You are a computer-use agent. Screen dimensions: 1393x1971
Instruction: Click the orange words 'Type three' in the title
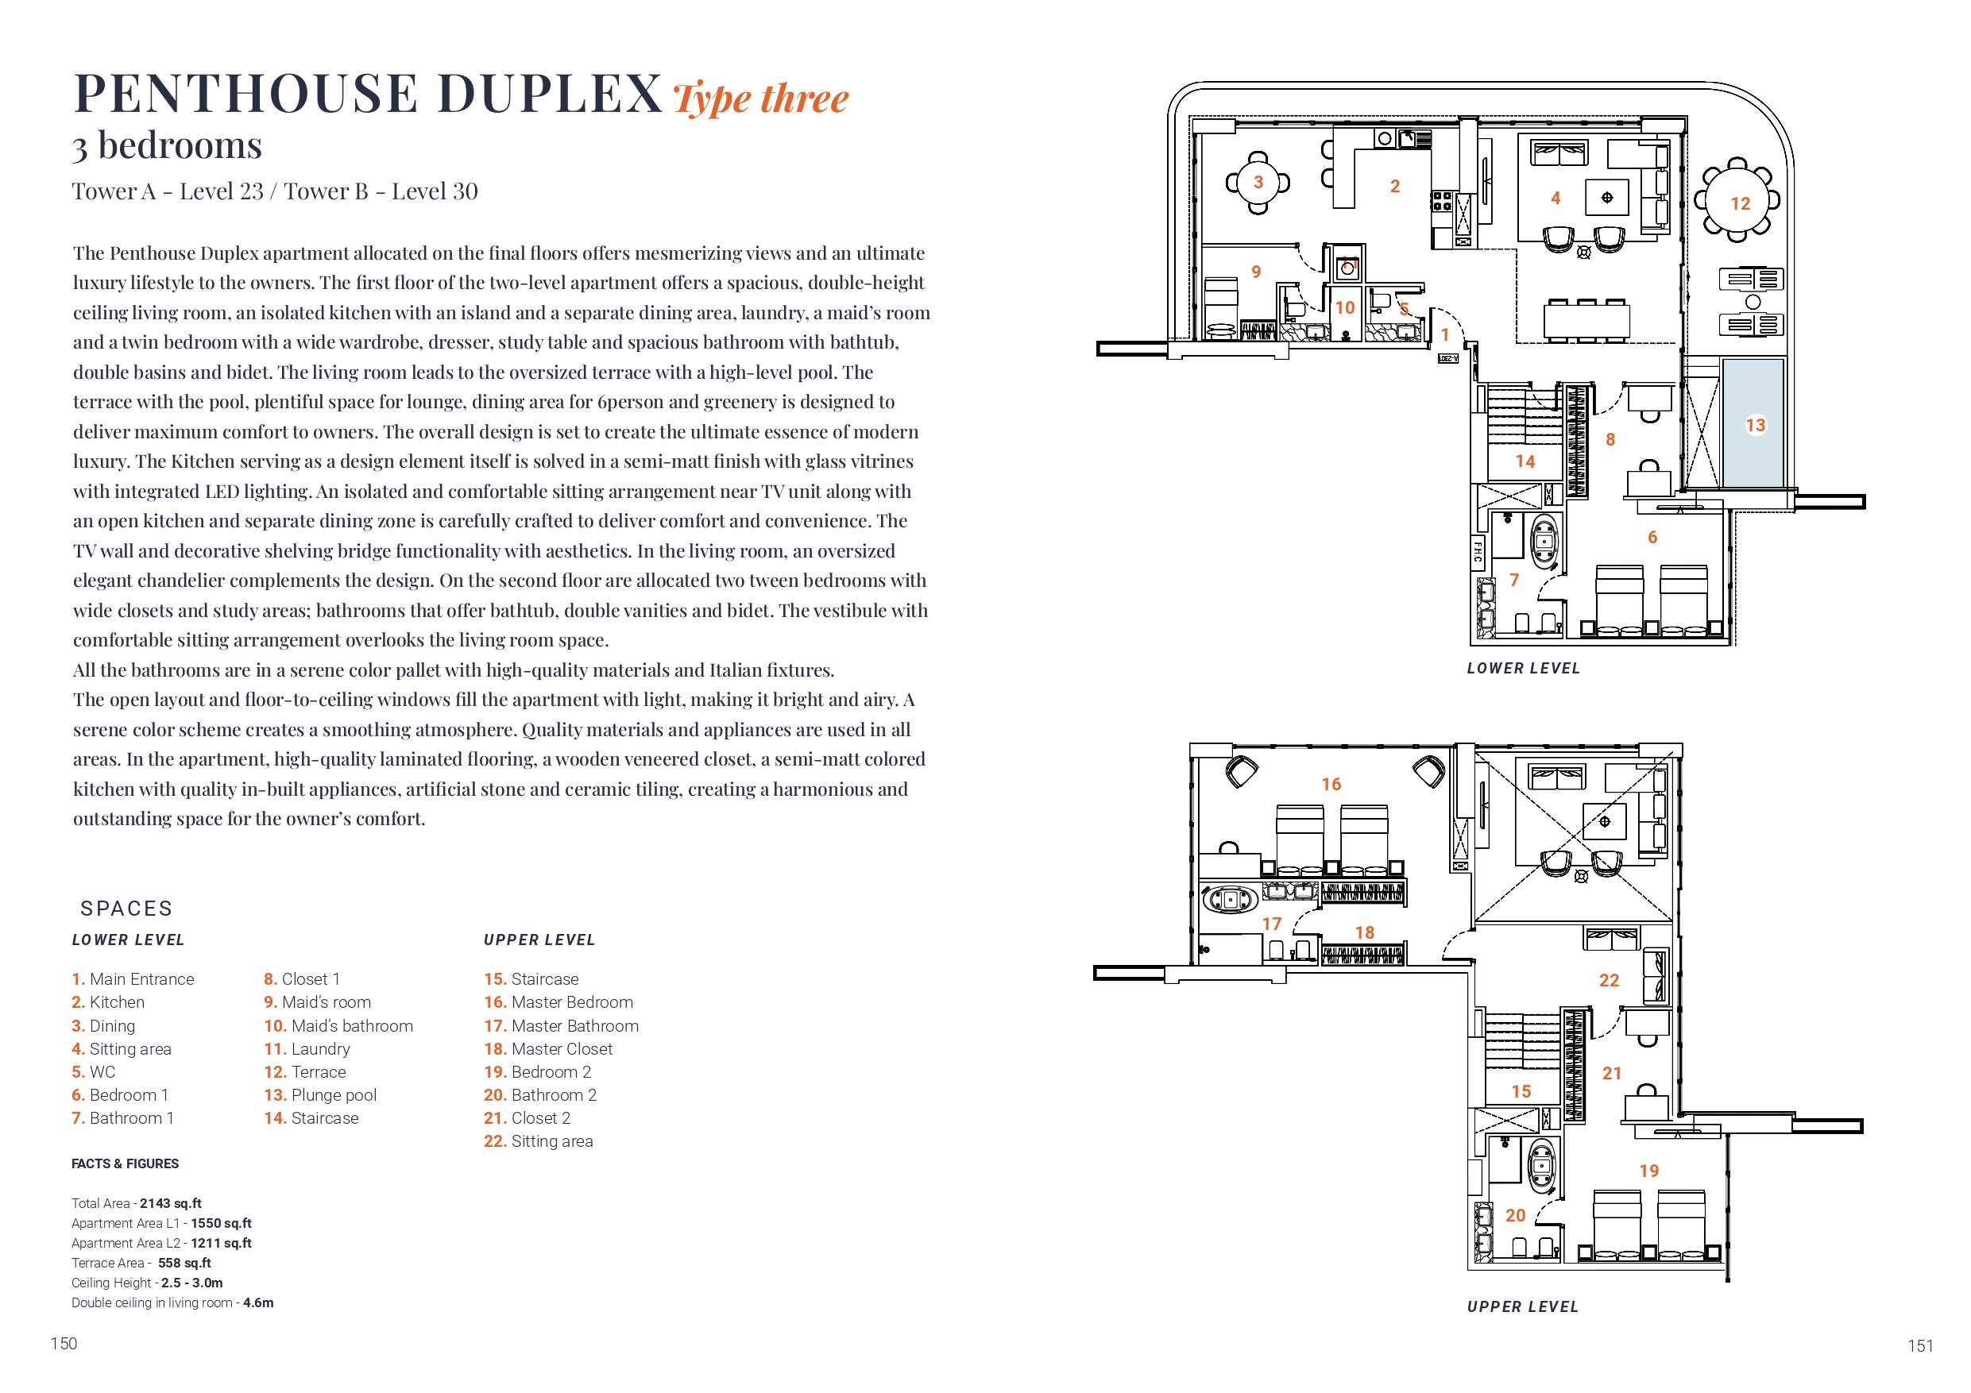point(759,98)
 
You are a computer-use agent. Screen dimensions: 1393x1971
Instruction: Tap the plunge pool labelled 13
point(1754,425)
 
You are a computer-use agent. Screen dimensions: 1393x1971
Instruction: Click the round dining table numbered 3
point(1258,182)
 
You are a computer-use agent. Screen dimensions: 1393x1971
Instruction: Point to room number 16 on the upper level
point(1331,784)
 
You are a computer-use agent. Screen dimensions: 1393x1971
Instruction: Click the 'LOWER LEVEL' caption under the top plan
point(1523,668)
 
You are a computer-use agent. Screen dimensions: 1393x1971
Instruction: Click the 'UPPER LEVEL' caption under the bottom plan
point(1522,1306)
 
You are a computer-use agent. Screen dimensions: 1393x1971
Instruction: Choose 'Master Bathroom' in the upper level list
point(574,1024)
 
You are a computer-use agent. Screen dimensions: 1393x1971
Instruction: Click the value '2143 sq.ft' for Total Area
point(170,1203)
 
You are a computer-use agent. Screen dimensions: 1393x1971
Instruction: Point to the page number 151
point(1919,1346)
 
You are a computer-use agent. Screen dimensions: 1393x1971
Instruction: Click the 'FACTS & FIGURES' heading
point(125,1163)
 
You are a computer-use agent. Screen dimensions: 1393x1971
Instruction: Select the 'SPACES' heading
point(126,908)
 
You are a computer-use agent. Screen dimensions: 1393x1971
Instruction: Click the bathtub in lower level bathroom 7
point(1544,543)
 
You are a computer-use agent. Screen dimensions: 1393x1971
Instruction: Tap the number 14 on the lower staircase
point(1525,461)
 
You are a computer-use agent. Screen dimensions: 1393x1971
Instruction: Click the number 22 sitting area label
point(1609,979)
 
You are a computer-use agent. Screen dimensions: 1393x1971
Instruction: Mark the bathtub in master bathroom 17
point(1230,900)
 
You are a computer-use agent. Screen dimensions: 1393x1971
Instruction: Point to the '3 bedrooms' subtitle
point(167,145)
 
